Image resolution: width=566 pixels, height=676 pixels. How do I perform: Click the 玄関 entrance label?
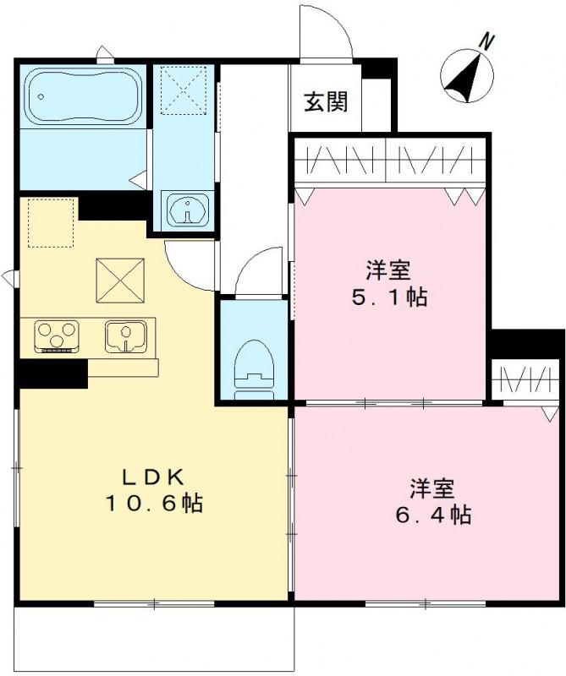326,102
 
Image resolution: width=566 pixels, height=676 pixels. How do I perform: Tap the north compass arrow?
465,74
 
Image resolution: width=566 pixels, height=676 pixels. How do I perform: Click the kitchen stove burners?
57,335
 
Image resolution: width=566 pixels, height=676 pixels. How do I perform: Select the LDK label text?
152,475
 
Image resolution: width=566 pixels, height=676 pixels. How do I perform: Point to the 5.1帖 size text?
389,297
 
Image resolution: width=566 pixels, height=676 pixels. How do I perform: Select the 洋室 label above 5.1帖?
389,270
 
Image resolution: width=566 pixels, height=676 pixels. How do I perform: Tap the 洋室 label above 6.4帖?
433,488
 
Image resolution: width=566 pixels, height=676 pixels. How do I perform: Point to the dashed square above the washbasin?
179,87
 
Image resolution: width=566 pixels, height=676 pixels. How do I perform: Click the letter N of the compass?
486,40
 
